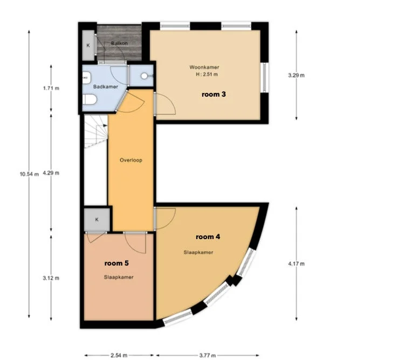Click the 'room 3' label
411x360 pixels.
[214, 94]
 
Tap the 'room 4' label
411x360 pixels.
[207, 236]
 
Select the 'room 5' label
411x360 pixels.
[117, 263]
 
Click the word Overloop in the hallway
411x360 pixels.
[131, 160]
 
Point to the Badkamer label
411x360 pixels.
[102, 86]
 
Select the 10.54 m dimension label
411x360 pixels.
[29, 173]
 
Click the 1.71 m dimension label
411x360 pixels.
[51, 89]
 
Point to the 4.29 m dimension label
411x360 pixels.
[51, 173]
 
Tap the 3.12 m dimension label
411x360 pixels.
[51, 279]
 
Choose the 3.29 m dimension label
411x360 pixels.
[297, 75]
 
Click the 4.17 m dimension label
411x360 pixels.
[297, 264]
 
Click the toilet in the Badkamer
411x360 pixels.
[90, 100]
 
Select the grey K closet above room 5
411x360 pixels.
[97, 219]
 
